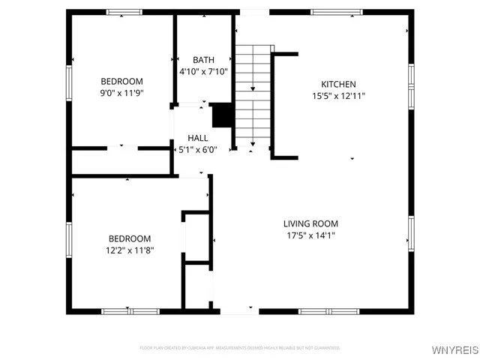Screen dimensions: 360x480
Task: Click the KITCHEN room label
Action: tap(338, 84)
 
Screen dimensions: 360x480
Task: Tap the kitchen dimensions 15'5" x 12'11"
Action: tap(338, 95)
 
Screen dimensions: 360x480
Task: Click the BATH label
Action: tap(203, 60)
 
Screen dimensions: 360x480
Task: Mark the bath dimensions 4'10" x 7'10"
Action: tap(203, 72)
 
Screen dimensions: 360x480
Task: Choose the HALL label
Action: tap(198, 138)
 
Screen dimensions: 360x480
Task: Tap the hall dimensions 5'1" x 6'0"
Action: tap(198, 150)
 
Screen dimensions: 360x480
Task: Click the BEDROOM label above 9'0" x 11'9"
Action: tap(121, 81)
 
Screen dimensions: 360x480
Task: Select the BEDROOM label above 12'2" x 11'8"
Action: tap(130, 238)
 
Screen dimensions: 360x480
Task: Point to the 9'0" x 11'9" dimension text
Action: tap(121, 93)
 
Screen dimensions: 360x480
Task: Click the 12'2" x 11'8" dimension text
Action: tap(130, 250)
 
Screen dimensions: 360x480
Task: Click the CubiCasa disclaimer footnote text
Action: tap(240, 348)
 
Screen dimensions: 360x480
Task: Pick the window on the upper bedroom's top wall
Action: tap(124, 12)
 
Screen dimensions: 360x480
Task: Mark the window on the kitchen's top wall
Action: tap(337, 12)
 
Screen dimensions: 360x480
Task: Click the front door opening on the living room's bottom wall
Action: tap(238, 310)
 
